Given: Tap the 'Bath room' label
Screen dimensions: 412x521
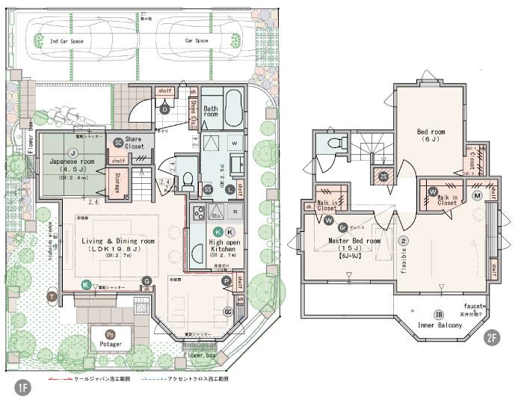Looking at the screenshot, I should (x=210, y=113).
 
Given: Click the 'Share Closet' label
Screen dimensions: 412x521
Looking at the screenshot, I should (x=134, y=143).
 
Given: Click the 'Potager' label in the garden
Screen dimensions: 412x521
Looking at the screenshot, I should (x=111, y=345).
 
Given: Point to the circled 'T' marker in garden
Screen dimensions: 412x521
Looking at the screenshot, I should (x=52, y=296).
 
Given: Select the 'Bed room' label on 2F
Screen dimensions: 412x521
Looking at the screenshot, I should (x=432, y=135).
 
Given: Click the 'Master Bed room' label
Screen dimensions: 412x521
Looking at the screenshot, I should (x=355, y=242).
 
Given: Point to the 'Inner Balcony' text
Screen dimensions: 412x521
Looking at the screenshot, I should (x=440, y=325).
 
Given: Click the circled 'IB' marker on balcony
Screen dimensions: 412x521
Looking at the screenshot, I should (x=439, y=313).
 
